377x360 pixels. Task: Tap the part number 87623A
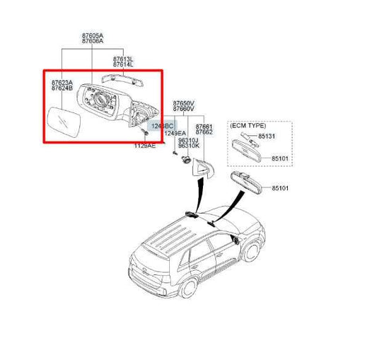click(62, 82)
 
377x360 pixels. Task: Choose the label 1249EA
click(175, 132)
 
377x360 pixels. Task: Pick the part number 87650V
click(183, 103)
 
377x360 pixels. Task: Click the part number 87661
click(204, 127)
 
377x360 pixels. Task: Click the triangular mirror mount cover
click(204, 168)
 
